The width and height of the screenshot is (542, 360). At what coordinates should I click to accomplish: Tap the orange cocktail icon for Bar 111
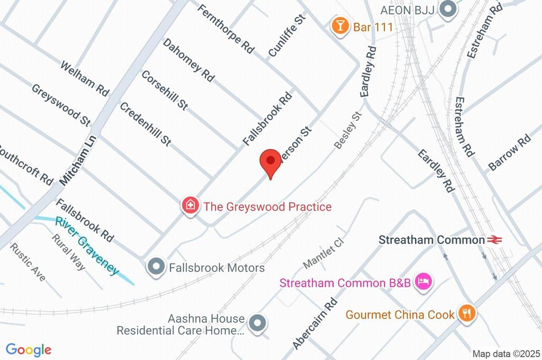coord(339,26)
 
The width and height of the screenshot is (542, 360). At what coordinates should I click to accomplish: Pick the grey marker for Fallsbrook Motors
coord(156,267)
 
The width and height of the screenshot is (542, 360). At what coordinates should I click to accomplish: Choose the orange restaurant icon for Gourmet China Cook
coord(467,313)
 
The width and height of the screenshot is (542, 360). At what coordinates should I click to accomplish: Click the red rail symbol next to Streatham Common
coord(495,240)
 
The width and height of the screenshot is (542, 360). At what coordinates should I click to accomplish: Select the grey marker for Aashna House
coord(258,322)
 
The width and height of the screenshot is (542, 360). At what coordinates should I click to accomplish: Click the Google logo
coord(29,349)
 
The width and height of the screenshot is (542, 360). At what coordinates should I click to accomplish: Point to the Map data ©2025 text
coord(506,354)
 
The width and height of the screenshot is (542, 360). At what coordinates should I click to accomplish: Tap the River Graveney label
coord(86,245)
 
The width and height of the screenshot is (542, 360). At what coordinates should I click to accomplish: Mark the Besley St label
coord(348,130)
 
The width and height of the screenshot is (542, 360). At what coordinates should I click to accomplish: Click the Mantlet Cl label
coord(324,253)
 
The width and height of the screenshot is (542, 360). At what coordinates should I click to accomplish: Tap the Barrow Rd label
coord(509,152)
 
